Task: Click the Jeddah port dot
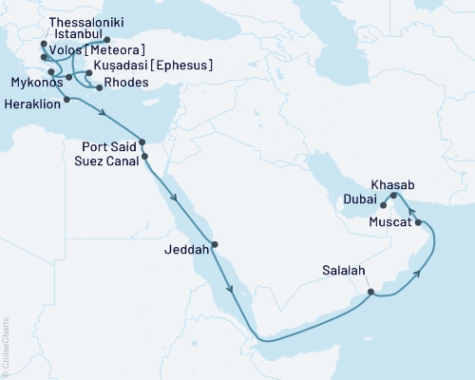coord(215,244)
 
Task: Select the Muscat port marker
coord(419,222)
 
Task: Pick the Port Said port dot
coord(142,142)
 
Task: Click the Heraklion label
coord(31,104)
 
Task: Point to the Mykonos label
coord(31,83)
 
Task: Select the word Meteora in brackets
coord(122,50)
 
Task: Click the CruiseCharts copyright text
coord(6,348)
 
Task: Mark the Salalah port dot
coord(371,292)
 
